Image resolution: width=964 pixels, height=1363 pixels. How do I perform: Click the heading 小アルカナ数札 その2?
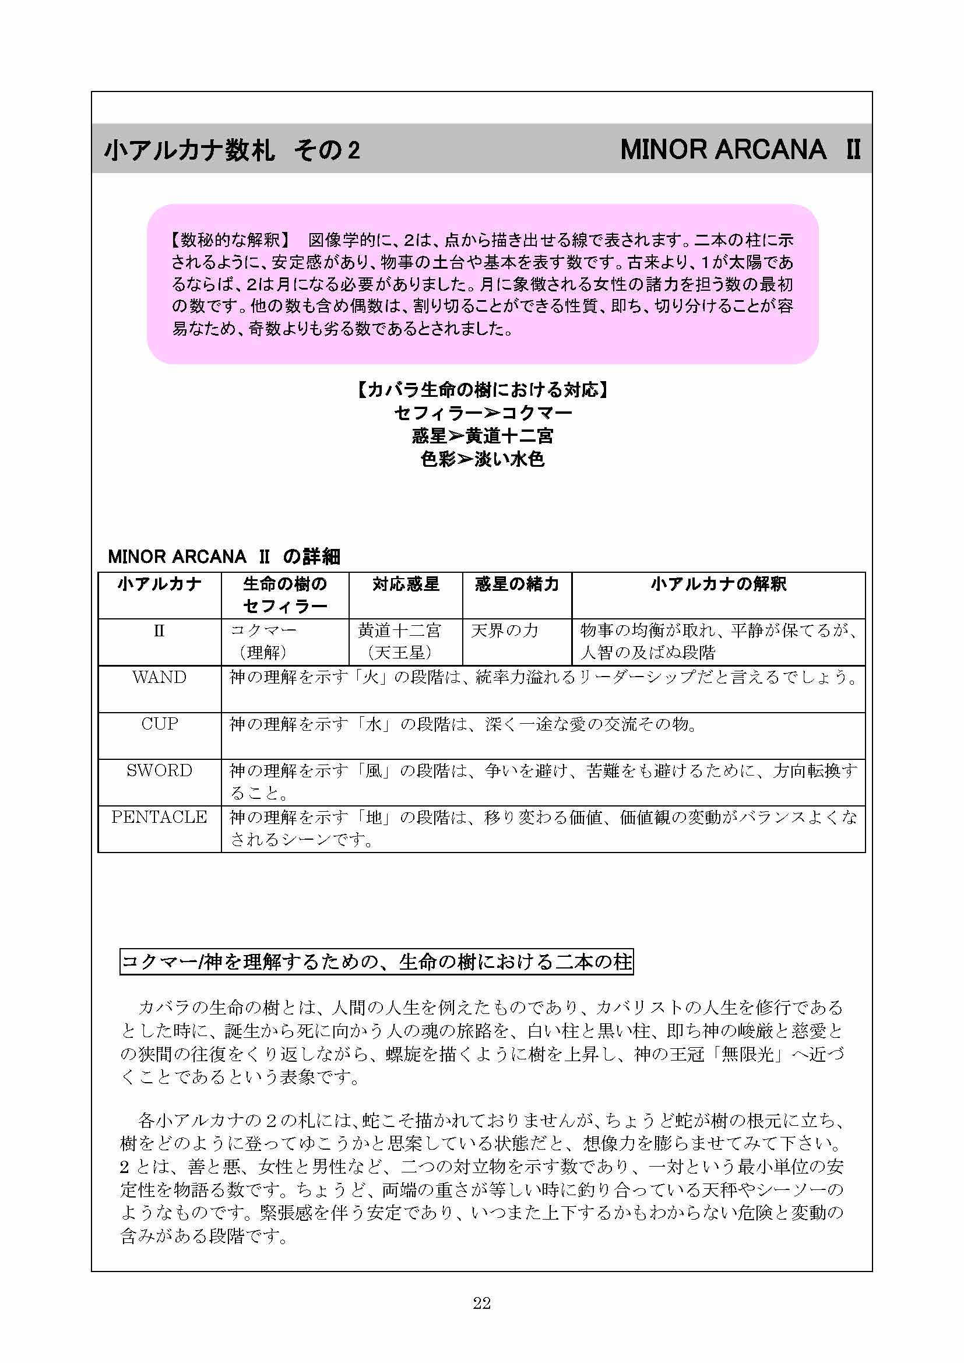coord(232,150)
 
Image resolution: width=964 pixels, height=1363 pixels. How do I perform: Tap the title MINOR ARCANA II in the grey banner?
coord(740,150)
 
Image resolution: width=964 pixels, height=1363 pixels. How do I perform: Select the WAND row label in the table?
coord(159,677)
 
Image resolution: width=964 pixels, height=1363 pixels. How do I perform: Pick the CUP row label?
coord(159,724)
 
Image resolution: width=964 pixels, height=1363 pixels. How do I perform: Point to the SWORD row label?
coord(159,770)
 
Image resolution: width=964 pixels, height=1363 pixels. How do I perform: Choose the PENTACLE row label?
coord(159,817)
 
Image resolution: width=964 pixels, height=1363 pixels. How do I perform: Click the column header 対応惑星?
coord(406,584)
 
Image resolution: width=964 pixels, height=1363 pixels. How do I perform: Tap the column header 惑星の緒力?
coord(516,584)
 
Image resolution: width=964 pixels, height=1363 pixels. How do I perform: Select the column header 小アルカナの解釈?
coord(718,584)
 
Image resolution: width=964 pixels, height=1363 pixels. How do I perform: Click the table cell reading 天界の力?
coord(505,631)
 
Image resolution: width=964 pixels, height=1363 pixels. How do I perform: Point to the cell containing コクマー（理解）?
coord(263,641)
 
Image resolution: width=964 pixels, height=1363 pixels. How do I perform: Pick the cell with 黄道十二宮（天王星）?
coord(399,641)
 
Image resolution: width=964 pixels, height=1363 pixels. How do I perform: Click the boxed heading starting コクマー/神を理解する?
coord(377,962)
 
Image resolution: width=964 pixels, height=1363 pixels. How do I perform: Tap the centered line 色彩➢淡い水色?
coord(482,459)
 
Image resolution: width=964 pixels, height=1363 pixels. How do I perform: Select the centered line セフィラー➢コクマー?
coord(482,413)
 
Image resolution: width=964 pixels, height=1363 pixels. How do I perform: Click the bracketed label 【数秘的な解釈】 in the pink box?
coord(230,240)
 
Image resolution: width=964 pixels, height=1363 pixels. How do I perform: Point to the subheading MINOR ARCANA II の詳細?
coord(224,557)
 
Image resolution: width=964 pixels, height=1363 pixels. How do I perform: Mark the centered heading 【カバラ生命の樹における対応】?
coord(482,389)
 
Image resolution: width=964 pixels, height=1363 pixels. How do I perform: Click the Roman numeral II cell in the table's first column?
coord(159,631)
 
